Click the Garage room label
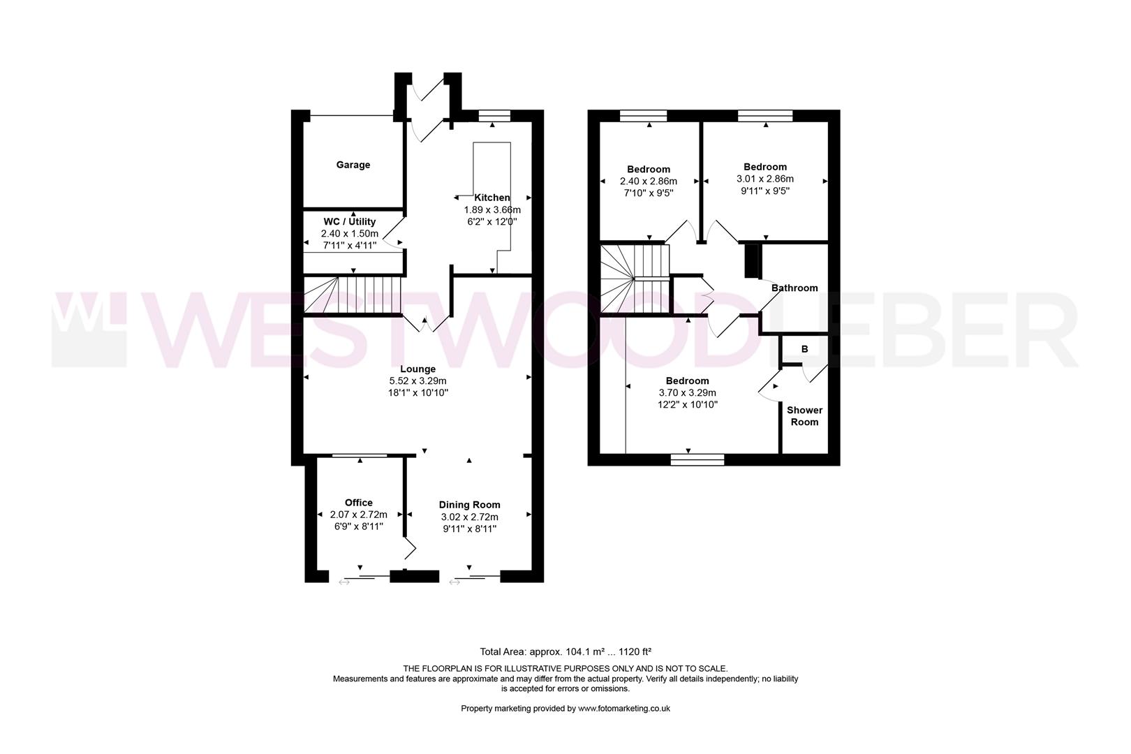pos(353,165)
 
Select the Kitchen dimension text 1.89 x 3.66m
pos(492,209)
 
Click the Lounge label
pos(417,369)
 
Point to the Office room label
pos(358,502)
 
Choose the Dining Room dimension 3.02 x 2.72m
pos(469,517)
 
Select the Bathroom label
pos(794,288)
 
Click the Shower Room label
pos(804,416)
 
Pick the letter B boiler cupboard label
pos(804,349)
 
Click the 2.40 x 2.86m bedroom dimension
pos(648,181)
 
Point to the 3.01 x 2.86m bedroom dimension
pos(764,178)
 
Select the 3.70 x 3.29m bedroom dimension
pos(687,392)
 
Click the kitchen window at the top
pos(494,117)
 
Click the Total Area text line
pos(565,651)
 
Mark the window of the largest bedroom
pos(697,459)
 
